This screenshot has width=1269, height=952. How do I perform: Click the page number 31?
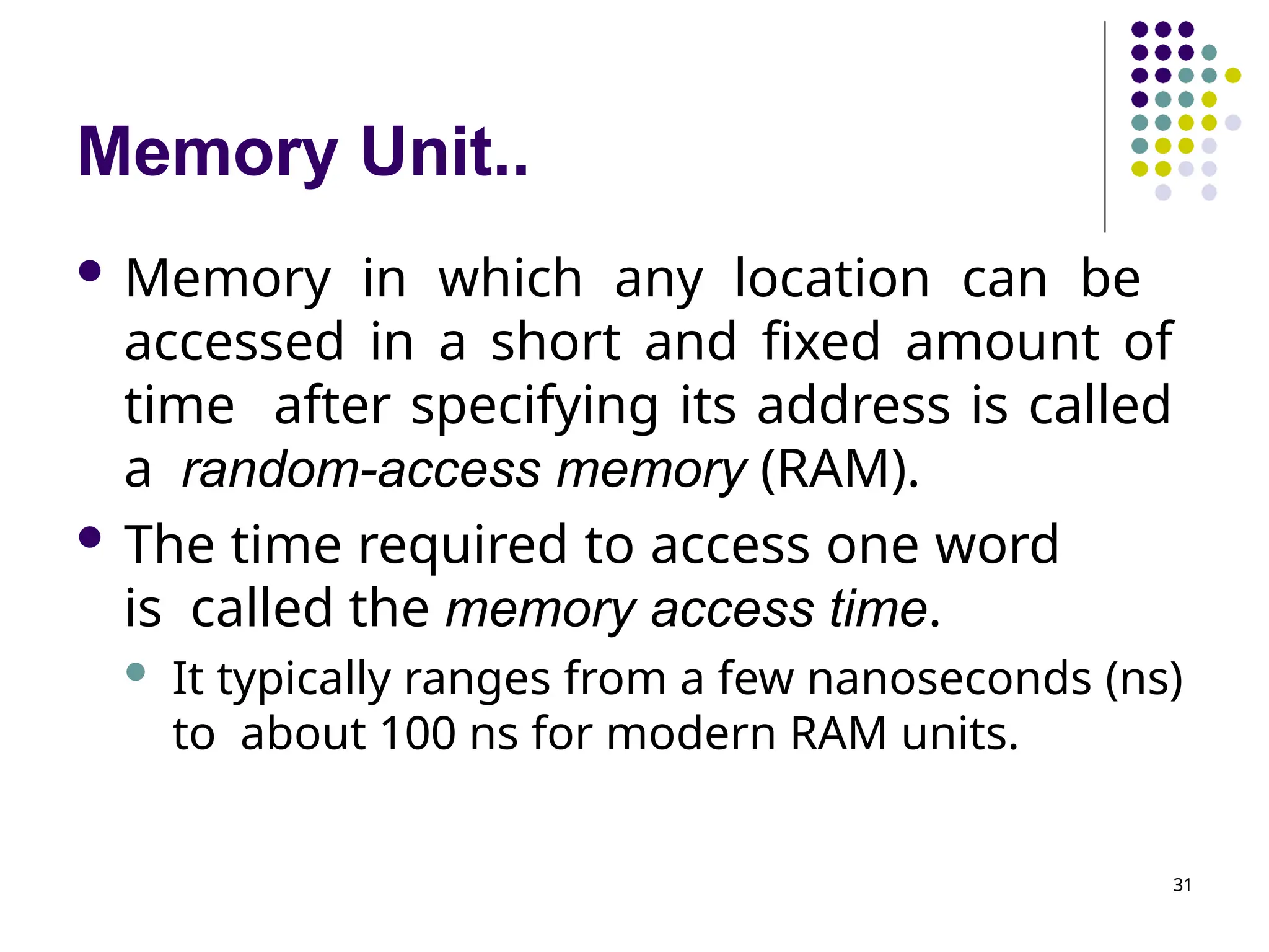(x=1182, y=885)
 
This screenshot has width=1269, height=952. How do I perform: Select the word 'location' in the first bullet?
(x=832, y=279)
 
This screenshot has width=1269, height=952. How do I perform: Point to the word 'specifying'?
(x=534, y=407)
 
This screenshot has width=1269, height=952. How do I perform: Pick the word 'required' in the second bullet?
(x=462, y=545)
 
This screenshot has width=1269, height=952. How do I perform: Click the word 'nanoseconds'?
(x=949, y=679)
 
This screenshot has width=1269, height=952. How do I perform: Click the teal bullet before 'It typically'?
(x=135, y=672)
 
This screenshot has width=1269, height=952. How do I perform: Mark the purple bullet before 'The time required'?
(x=90, y=537)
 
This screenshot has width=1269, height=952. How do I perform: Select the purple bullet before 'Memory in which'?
(x=90, y=271)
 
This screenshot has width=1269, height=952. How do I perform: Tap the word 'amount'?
(x=1002, y=342)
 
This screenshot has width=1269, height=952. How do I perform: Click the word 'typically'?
(x=304, y=680)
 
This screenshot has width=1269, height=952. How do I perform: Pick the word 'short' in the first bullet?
(x=555, y=342)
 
